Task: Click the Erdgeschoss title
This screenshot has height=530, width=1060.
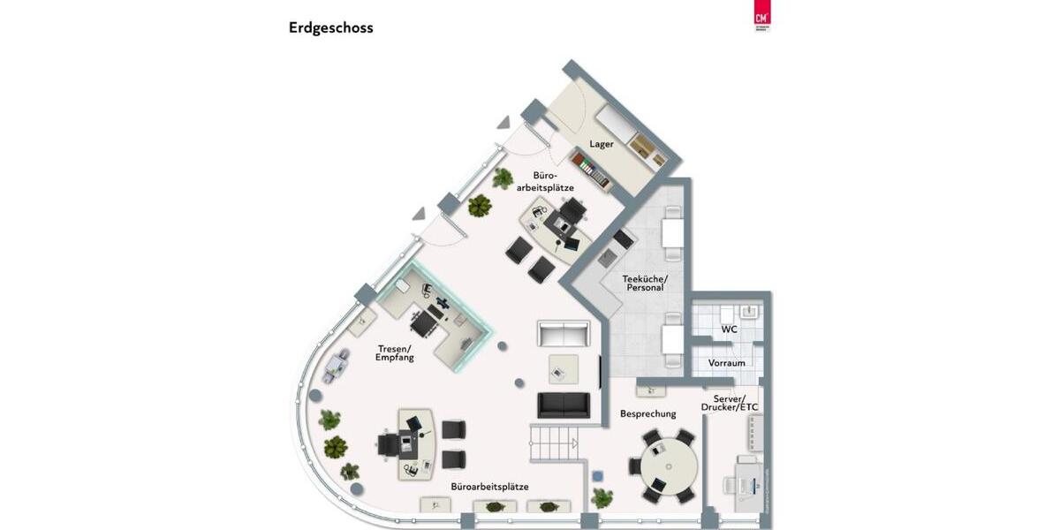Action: [330, 27]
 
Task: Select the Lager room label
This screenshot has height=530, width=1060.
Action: [602, 144]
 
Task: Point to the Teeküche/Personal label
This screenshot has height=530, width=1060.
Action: [645, 283]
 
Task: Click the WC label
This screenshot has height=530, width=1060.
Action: [729, 329]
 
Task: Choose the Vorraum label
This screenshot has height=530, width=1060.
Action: [726, 363]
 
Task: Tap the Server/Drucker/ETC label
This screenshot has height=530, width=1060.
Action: [730, 402]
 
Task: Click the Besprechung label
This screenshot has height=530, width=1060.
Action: [647, 413]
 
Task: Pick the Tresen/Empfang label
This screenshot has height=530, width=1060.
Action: [395, 352]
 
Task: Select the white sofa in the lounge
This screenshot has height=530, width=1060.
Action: [564, 335]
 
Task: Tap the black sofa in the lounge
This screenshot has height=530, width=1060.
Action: [564, 405]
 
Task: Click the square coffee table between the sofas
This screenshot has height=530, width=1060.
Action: [564, 368]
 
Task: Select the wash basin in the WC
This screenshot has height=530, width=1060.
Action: [752, 311]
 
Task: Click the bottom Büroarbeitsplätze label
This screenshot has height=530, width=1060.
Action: [489, 487]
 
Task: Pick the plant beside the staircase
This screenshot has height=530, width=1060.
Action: [602, 498]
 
